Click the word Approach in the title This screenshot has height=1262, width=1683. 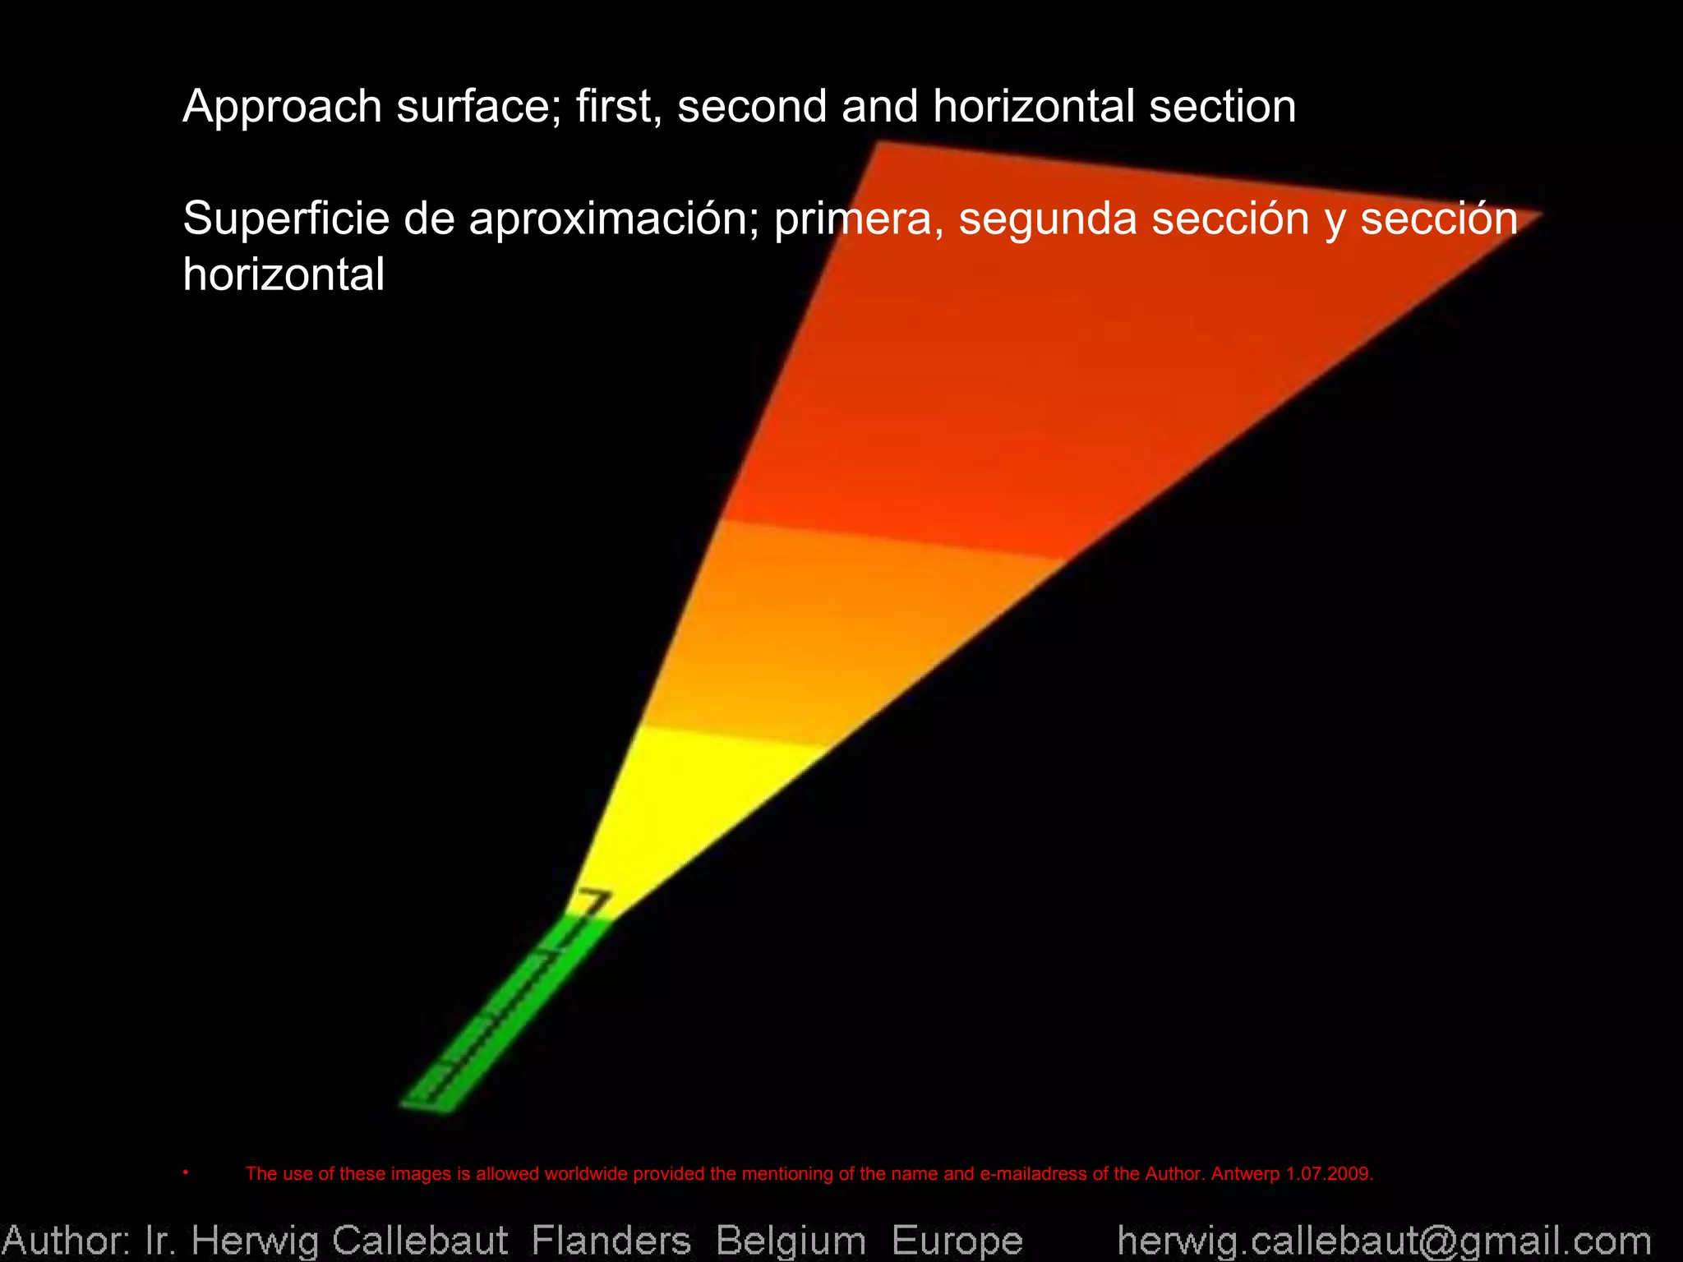click(282, 108)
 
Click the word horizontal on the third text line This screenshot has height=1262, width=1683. click(284, 274)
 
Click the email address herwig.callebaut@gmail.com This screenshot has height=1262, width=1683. click(1384, 1240)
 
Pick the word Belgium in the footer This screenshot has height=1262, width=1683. click(791, 1240)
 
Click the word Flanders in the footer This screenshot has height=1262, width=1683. click(611, 1240)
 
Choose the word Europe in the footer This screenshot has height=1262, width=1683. click(957, 1240)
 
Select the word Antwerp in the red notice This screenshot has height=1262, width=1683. click(1245, 1174)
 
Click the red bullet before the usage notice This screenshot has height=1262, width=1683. click(187, 1172)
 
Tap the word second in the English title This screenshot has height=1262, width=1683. click(752, 108)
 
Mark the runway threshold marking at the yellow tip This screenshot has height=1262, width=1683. click(593, 901)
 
